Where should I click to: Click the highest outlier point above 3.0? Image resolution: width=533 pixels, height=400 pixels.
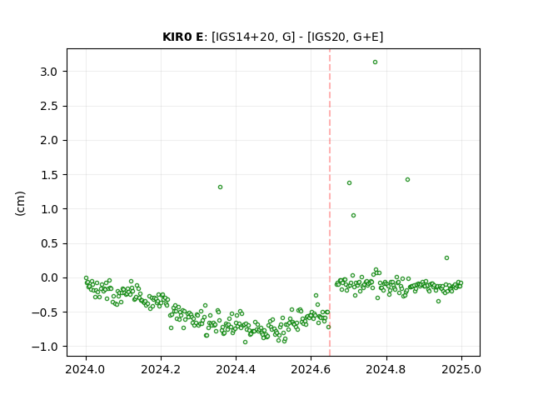375,62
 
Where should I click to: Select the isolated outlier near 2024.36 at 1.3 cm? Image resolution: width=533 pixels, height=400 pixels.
220,187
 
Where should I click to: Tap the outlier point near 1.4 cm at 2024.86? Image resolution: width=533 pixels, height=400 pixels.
407,180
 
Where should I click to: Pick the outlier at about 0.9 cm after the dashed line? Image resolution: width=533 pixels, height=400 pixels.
353,215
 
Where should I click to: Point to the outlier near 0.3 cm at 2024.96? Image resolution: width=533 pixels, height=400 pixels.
446,257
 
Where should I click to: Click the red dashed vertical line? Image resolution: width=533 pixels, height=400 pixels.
330,202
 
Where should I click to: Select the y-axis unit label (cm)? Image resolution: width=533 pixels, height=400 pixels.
20,203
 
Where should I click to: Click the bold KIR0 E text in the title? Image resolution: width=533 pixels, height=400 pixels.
182,37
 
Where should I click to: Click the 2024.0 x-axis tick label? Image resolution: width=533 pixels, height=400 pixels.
86,369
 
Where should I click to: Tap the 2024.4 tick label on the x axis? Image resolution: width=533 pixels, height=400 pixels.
236,369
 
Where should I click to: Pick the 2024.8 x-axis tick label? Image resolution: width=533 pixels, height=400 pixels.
386,369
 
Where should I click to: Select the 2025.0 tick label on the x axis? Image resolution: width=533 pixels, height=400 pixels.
461,369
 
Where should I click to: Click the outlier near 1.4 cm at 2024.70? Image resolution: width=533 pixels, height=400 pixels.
349,183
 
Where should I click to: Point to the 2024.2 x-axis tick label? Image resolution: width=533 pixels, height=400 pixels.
161,369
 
